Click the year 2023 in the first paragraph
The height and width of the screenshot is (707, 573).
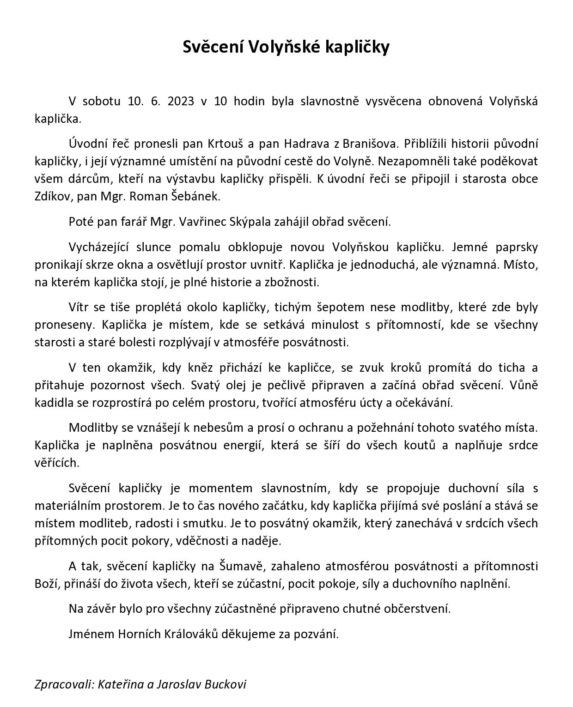pyautogui.click(x=174, y=102)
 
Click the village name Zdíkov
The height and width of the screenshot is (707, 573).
pyautogui.click(x=50, y=196)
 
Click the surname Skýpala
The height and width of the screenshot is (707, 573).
pyautogui.click(x=250, y=222)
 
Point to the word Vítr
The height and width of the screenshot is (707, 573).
pyautogui.click(x=79, y=307)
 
